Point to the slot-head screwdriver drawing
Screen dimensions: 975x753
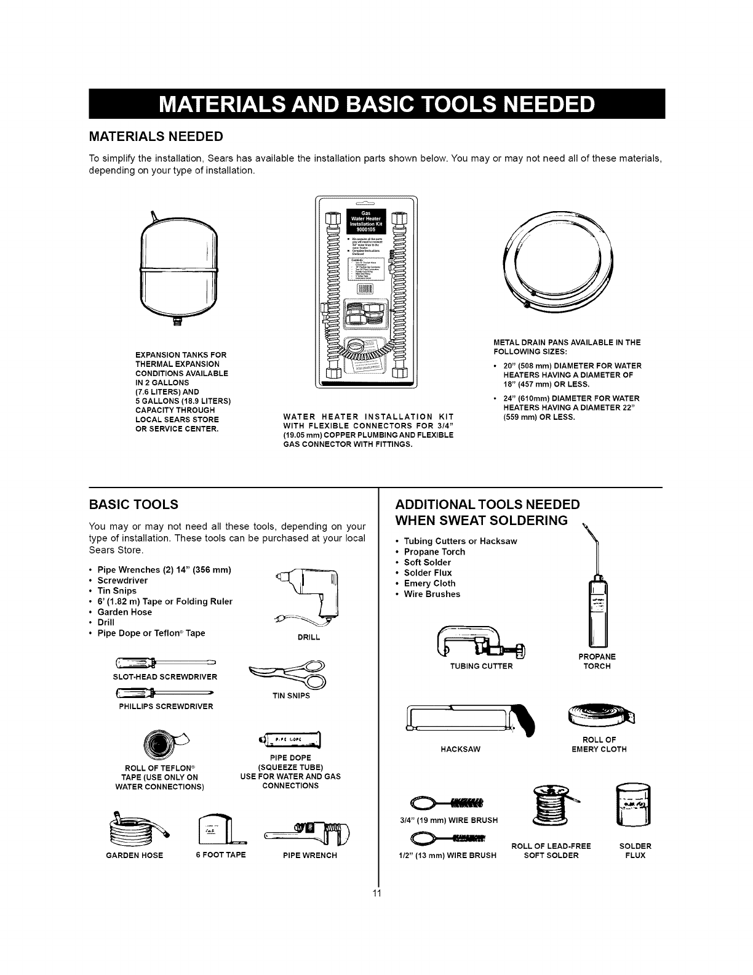coord(163,664)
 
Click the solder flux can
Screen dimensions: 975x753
coord(632,805)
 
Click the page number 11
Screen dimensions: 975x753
coord(378,894)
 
